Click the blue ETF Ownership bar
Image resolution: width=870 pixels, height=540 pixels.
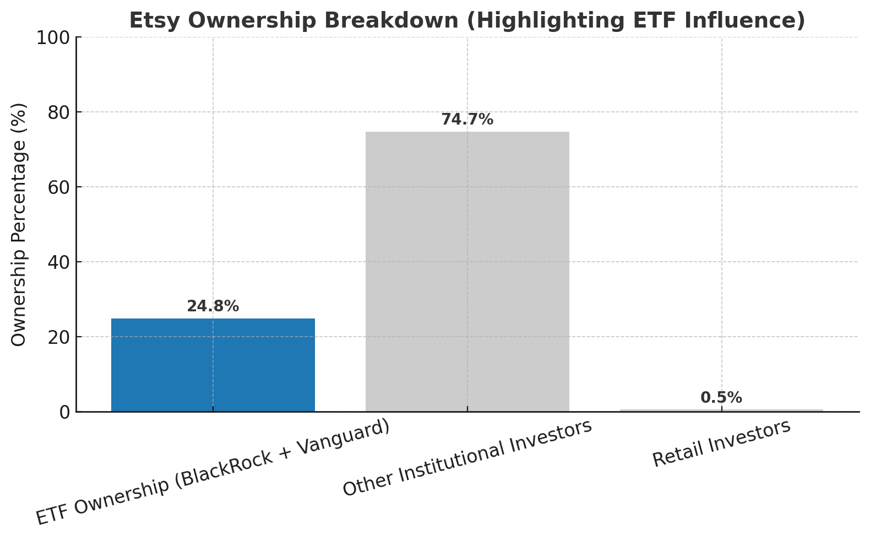click(213, 365)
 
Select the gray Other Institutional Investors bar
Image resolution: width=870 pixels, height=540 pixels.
click(467, 271)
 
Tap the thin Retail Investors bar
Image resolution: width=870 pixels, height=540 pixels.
click(722, 410)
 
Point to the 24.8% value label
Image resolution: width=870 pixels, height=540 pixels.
click(213, 306)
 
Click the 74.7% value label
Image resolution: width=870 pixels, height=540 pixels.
click(467, 120)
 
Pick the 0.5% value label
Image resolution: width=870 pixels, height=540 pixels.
click(721, 397)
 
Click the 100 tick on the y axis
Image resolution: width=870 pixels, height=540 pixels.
click(53, 38)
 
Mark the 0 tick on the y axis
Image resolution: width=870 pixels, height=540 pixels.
click(65, 413)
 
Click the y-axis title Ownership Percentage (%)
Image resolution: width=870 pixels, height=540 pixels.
click(18, 225)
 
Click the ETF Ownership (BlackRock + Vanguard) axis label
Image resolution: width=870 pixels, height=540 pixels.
click(213, 473)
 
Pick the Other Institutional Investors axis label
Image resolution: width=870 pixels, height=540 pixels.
click(467, 457)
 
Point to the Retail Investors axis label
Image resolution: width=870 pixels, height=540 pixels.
click(722, 443)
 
